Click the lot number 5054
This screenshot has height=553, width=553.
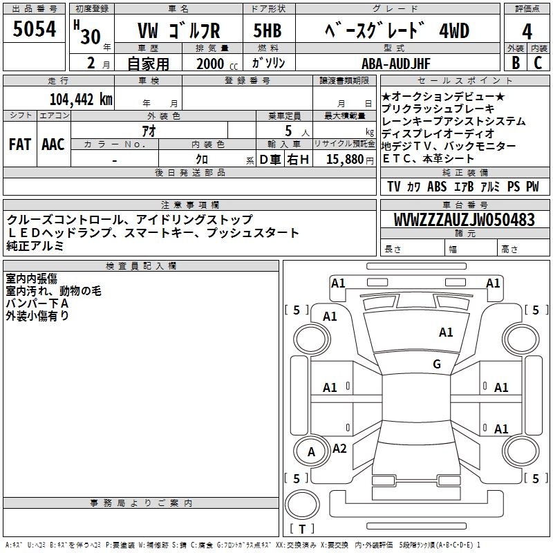coord(34,29)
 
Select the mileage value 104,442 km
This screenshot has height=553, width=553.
coord(81,100)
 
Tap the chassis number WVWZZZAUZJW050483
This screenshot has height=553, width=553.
coord(465,220)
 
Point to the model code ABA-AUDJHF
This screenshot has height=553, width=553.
coord(396,64)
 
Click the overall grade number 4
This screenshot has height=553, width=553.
coord(527,32)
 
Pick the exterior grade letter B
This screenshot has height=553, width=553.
coord(516,63)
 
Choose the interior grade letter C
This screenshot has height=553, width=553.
coord(538,63)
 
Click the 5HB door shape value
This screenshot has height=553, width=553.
coord(268,30)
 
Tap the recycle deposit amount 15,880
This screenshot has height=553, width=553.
coord(344,160)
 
